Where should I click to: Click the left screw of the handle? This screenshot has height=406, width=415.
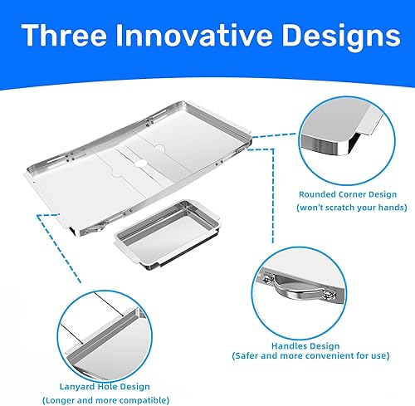coord(268,276)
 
